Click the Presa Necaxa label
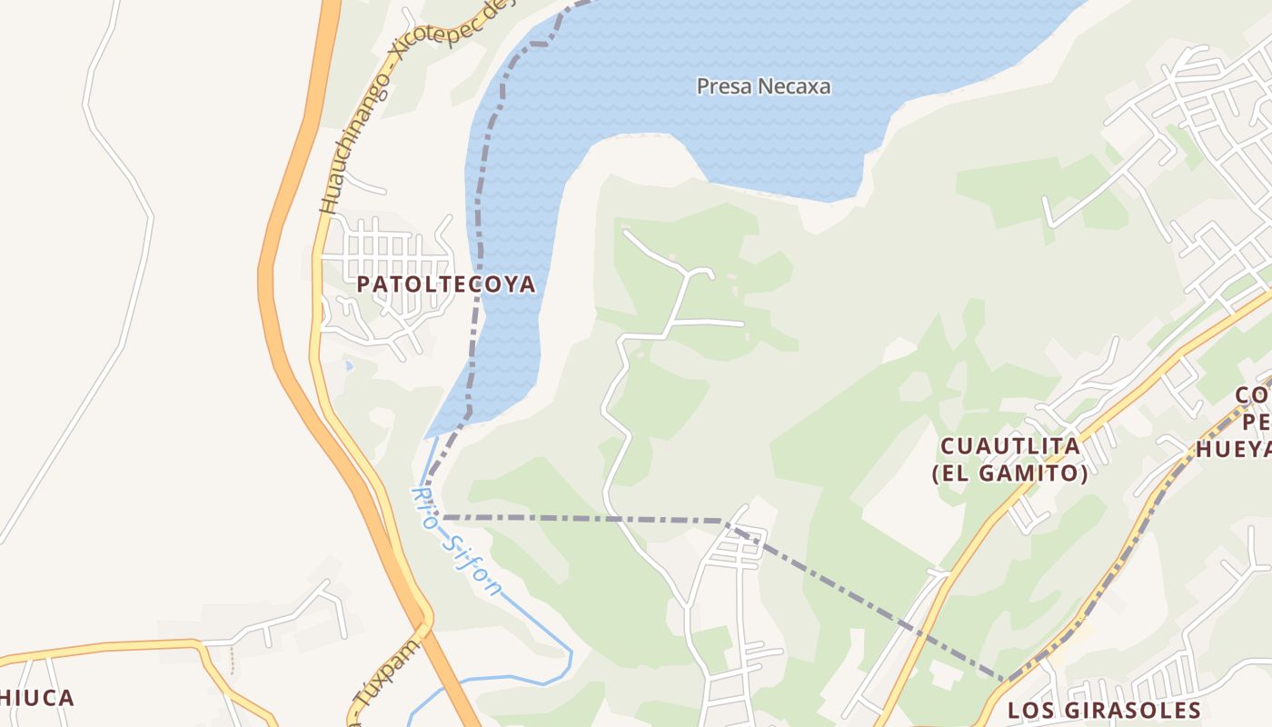(x=763, y=86)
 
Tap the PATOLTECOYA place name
(x=445, y=284)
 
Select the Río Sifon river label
(x=455, y=542)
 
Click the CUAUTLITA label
(x=1009, y=446)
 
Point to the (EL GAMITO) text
(x=1009, y=473)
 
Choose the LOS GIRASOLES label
(x=1104, y=710)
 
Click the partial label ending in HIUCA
(x=36, y=698)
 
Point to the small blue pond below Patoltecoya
(x=347, y=366)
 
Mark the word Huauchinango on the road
(x=356, y=145)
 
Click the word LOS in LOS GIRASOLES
(x=1030, y=710)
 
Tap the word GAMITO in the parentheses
(x=1038, y=473)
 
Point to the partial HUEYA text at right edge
(x=1233, y=450)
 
